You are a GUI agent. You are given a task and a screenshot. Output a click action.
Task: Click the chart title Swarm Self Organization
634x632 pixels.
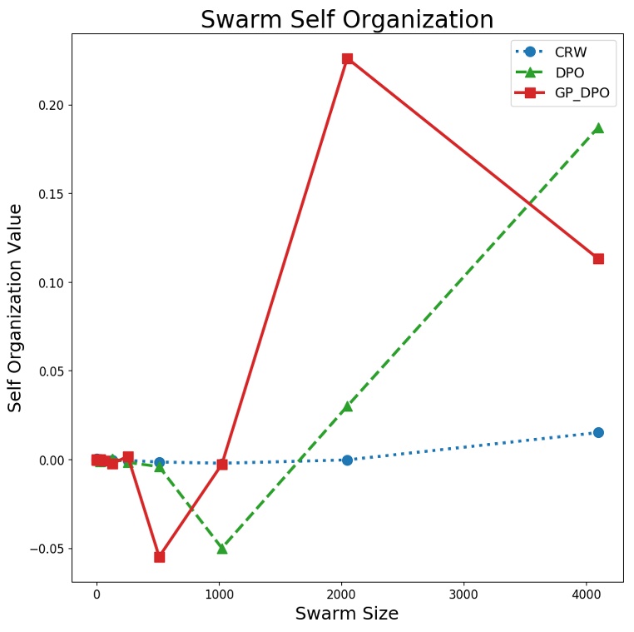tap(347, 19)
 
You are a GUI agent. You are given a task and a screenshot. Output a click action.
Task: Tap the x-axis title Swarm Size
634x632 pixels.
tap(347, 614)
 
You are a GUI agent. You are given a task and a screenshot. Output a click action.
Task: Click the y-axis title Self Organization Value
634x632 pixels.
tap(15, 308)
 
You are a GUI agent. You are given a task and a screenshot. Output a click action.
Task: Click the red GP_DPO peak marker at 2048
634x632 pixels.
tap(347, 58)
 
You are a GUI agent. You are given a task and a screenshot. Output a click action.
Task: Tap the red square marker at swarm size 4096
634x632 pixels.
tap(598, 259)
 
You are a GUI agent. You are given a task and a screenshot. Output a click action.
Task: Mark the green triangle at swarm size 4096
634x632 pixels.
tap(598, 128)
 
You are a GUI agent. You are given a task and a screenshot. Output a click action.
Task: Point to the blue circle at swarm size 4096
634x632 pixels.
tap(598, 432)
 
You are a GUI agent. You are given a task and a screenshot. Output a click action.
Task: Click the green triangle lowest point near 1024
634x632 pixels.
tap(222, 548)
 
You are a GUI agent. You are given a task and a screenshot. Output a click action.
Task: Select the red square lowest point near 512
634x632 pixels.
tap(159, 556)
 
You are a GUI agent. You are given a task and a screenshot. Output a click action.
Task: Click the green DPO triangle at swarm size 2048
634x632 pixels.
tap(347, 406)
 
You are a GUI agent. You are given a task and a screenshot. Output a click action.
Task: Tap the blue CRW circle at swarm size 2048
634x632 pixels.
tap(347, 460)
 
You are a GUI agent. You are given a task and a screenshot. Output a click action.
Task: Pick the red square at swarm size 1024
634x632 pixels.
tap(222, 464)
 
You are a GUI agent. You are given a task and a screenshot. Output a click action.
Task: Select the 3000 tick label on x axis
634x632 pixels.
tap(463, 595)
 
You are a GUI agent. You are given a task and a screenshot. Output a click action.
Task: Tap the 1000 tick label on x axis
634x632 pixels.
tap(219, 595)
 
